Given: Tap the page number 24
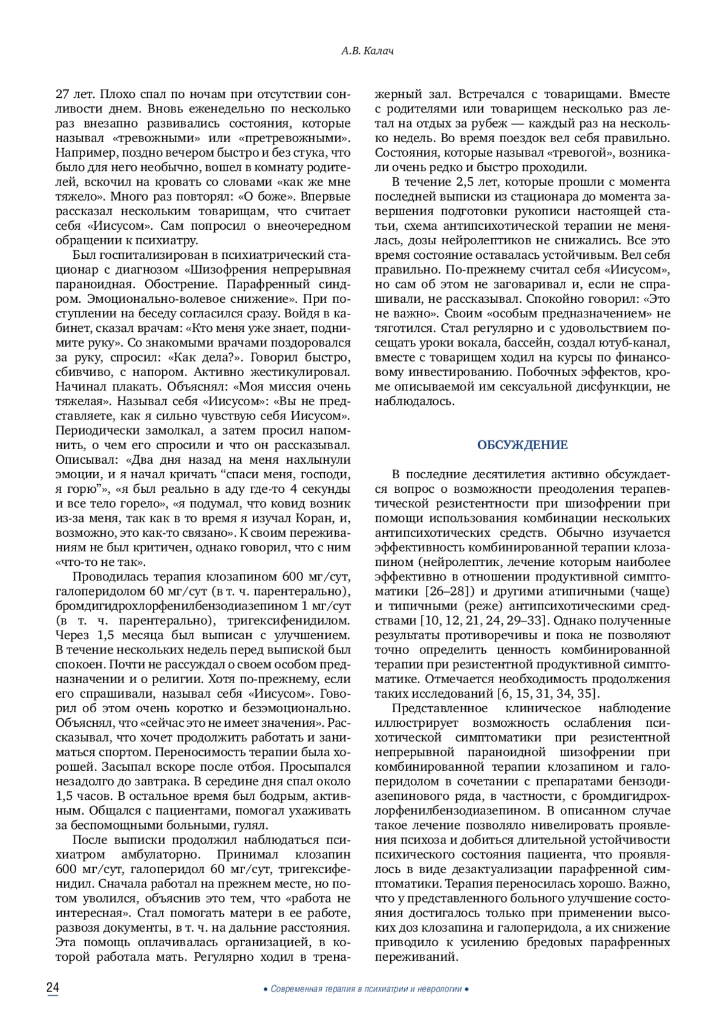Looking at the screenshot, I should [53, 988].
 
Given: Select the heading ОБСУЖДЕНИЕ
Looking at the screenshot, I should [523, 446].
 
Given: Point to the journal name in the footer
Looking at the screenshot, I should [367, 989].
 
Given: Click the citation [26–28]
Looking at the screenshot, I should [449, 590].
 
